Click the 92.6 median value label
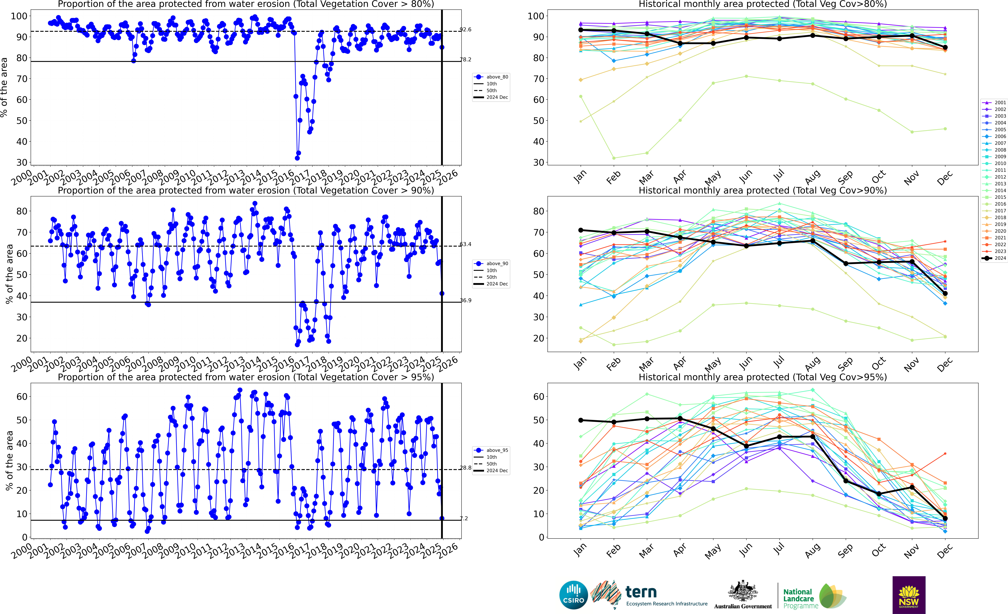pos(466,29)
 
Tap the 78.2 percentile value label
pos(466,59)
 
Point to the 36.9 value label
pos(466,300)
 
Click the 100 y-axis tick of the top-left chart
pos(19,16)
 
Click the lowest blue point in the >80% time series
pos(297,158)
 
